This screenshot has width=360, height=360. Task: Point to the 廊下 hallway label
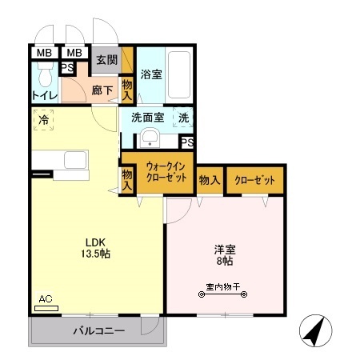pyautogui.click(x=102, y=91)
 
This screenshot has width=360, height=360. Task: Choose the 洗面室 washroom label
pyautogui.click(x=148, y=117)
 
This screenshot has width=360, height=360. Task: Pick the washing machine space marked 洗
pyautogui.click(x=183, y=117)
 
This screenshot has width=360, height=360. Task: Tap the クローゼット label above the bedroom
pyautogui.click(x=255, y=180)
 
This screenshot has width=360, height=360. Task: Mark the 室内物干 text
pyautogui.click(x=222, y=286)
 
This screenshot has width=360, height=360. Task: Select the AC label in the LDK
pyautogui.click(x=46, y=299)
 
